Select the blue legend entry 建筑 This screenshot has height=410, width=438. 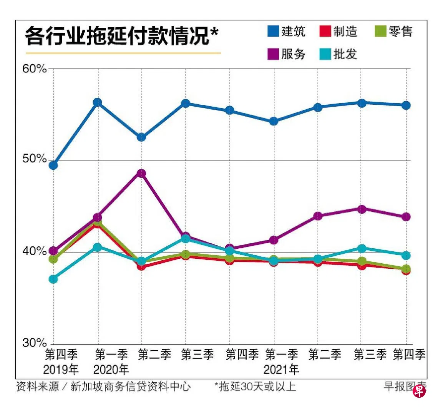coord(286,31)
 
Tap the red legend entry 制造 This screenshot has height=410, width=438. coord(338,31)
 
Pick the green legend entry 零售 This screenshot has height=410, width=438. coord(394,31)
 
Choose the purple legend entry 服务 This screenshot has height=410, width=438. coord(286,54)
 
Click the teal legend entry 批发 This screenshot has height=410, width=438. coord(338,54)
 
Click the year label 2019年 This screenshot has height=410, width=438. coord(61,370)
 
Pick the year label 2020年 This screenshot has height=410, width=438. coord(111,370)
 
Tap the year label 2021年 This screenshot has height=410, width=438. coord(281,370)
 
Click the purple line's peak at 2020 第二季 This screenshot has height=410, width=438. coord(142,173)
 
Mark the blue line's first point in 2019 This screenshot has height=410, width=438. coord(53,166)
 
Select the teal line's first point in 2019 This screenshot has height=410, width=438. coord(53,279)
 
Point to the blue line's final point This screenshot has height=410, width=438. coord(406,105)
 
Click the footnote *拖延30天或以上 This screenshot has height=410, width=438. coord(255,386)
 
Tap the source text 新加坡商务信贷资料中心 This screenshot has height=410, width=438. coord(131,386)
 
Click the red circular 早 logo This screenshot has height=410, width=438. coord(419,392)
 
